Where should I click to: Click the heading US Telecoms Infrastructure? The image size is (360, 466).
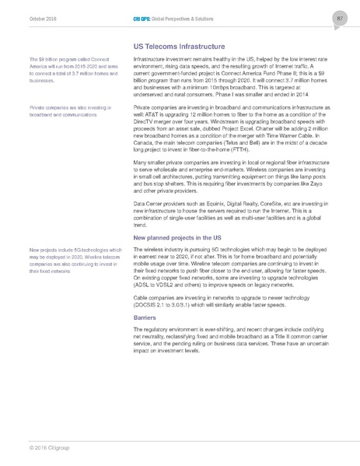pos(180,46)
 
